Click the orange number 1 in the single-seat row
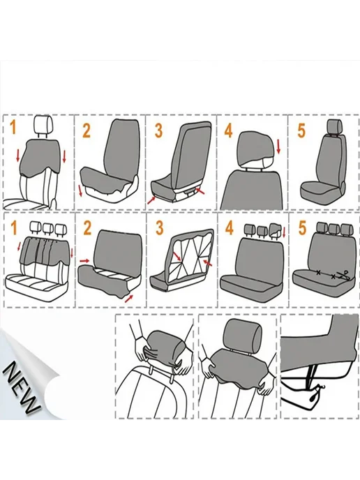13,127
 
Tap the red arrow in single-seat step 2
80,190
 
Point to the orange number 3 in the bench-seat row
159,227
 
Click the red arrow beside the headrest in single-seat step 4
278,147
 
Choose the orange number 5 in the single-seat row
301,130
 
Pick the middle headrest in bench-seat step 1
48,227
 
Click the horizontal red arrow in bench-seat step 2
84,261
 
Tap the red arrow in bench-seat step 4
284,232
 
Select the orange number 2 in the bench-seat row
87,227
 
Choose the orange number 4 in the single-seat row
228,130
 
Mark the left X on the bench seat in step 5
318,273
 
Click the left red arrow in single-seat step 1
17,156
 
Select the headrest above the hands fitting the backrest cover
243,334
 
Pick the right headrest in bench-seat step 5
347,227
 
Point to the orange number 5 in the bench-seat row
302,227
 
